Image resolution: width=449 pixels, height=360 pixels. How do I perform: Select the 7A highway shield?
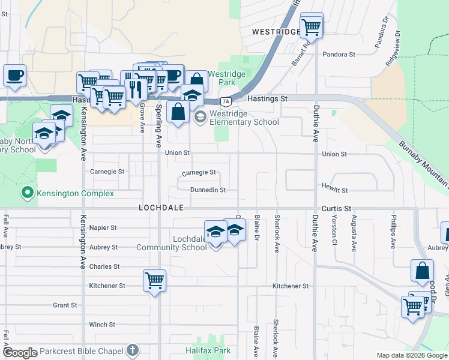click(x=226, y=101)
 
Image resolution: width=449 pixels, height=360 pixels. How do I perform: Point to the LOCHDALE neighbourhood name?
click(x=160, y=207)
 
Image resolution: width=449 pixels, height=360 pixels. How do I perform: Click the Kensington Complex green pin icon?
click(x=27, y=193)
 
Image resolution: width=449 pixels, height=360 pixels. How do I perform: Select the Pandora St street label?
click(x=339, y=55)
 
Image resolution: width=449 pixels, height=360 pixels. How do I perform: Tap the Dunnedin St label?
click(x=208, y=190)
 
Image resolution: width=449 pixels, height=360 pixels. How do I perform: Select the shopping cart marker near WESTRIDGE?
click(x=312, y=26)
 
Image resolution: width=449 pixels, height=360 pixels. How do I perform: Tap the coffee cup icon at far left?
click(x=15, y=76)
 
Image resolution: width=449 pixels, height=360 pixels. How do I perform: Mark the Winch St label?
click(x=102, y=325)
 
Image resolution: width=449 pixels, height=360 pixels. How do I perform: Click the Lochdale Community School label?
click(x=172, y=243)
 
